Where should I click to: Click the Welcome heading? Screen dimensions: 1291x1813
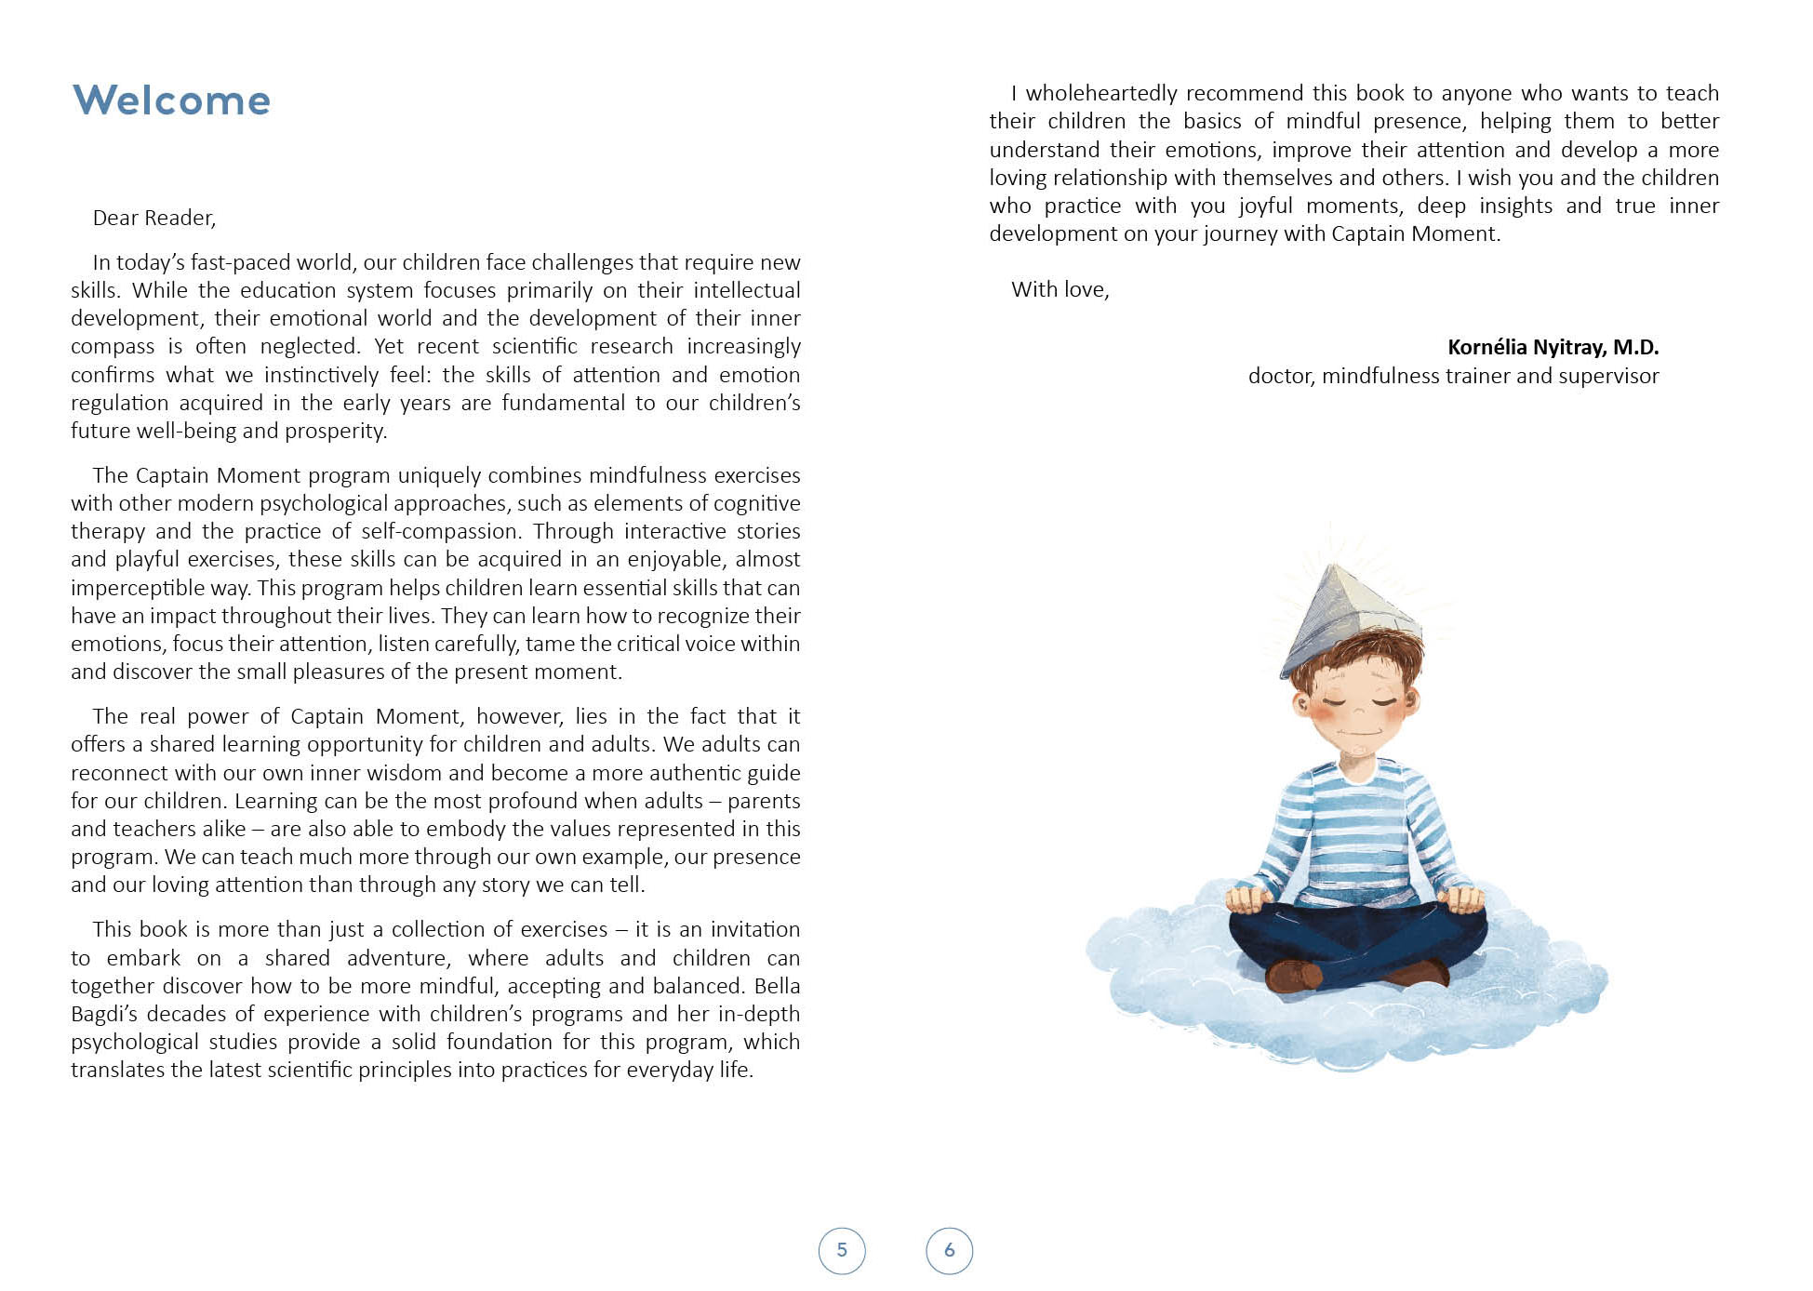pos(171,100)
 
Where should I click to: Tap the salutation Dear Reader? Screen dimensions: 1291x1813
pos(153,218)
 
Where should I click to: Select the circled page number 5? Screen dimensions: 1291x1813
pos(842,1250)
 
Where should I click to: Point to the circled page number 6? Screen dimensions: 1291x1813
pos(950,1250)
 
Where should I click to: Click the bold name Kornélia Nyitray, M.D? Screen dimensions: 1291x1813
pos(1553,347)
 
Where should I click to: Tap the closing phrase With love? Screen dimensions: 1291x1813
pos(1060,289)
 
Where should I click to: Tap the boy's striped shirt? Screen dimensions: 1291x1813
pos(1358,828)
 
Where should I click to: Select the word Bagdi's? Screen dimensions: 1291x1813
pos(107,1014)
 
